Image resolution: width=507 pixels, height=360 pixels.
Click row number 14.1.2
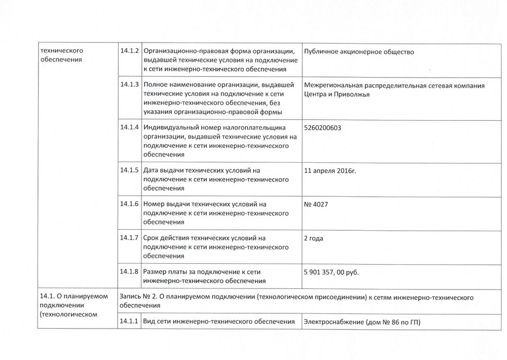130,51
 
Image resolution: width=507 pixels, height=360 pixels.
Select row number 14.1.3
130,85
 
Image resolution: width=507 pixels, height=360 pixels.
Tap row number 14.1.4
130,127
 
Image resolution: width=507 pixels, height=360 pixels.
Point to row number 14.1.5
130,170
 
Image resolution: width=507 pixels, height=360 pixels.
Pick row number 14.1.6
130,204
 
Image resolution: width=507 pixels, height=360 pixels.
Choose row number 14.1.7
130,238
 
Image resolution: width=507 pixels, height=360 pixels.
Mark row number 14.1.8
130,271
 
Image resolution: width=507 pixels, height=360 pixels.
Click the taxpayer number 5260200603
322,128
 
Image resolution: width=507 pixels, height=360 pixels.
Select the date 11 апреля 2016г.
330,170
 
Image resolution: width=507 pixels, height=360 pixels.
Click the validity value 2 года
313,238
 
